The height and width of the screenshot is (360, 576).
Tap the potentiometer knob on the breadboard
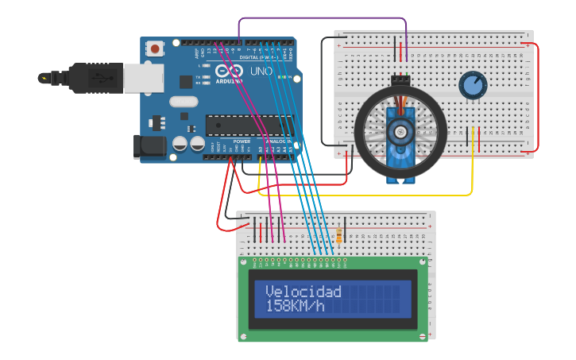tap(473, 85)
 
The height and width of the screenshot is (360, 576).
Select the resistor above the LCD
tap(340, 236)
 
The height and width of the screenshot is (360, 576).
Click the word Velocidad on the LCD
tap(303, 292)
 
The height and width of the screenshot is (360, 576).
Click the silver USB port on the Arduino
tap(144, 78)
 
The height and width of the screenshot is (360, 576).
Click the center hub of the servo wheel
tap(400, 131)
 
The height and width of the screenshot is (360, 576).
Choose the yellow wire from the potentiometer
tap(472, 171)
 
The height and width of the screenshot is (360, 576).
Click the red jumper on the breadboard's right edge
tap(538, 95)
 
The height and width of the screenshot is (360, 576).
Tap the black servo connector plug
tap(400, 79)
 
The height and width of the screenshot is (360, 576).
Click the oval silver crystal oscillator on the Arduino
tap(183, 101)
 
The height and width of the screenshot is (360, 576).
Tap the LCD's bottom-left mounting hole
tap(243, 337)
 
